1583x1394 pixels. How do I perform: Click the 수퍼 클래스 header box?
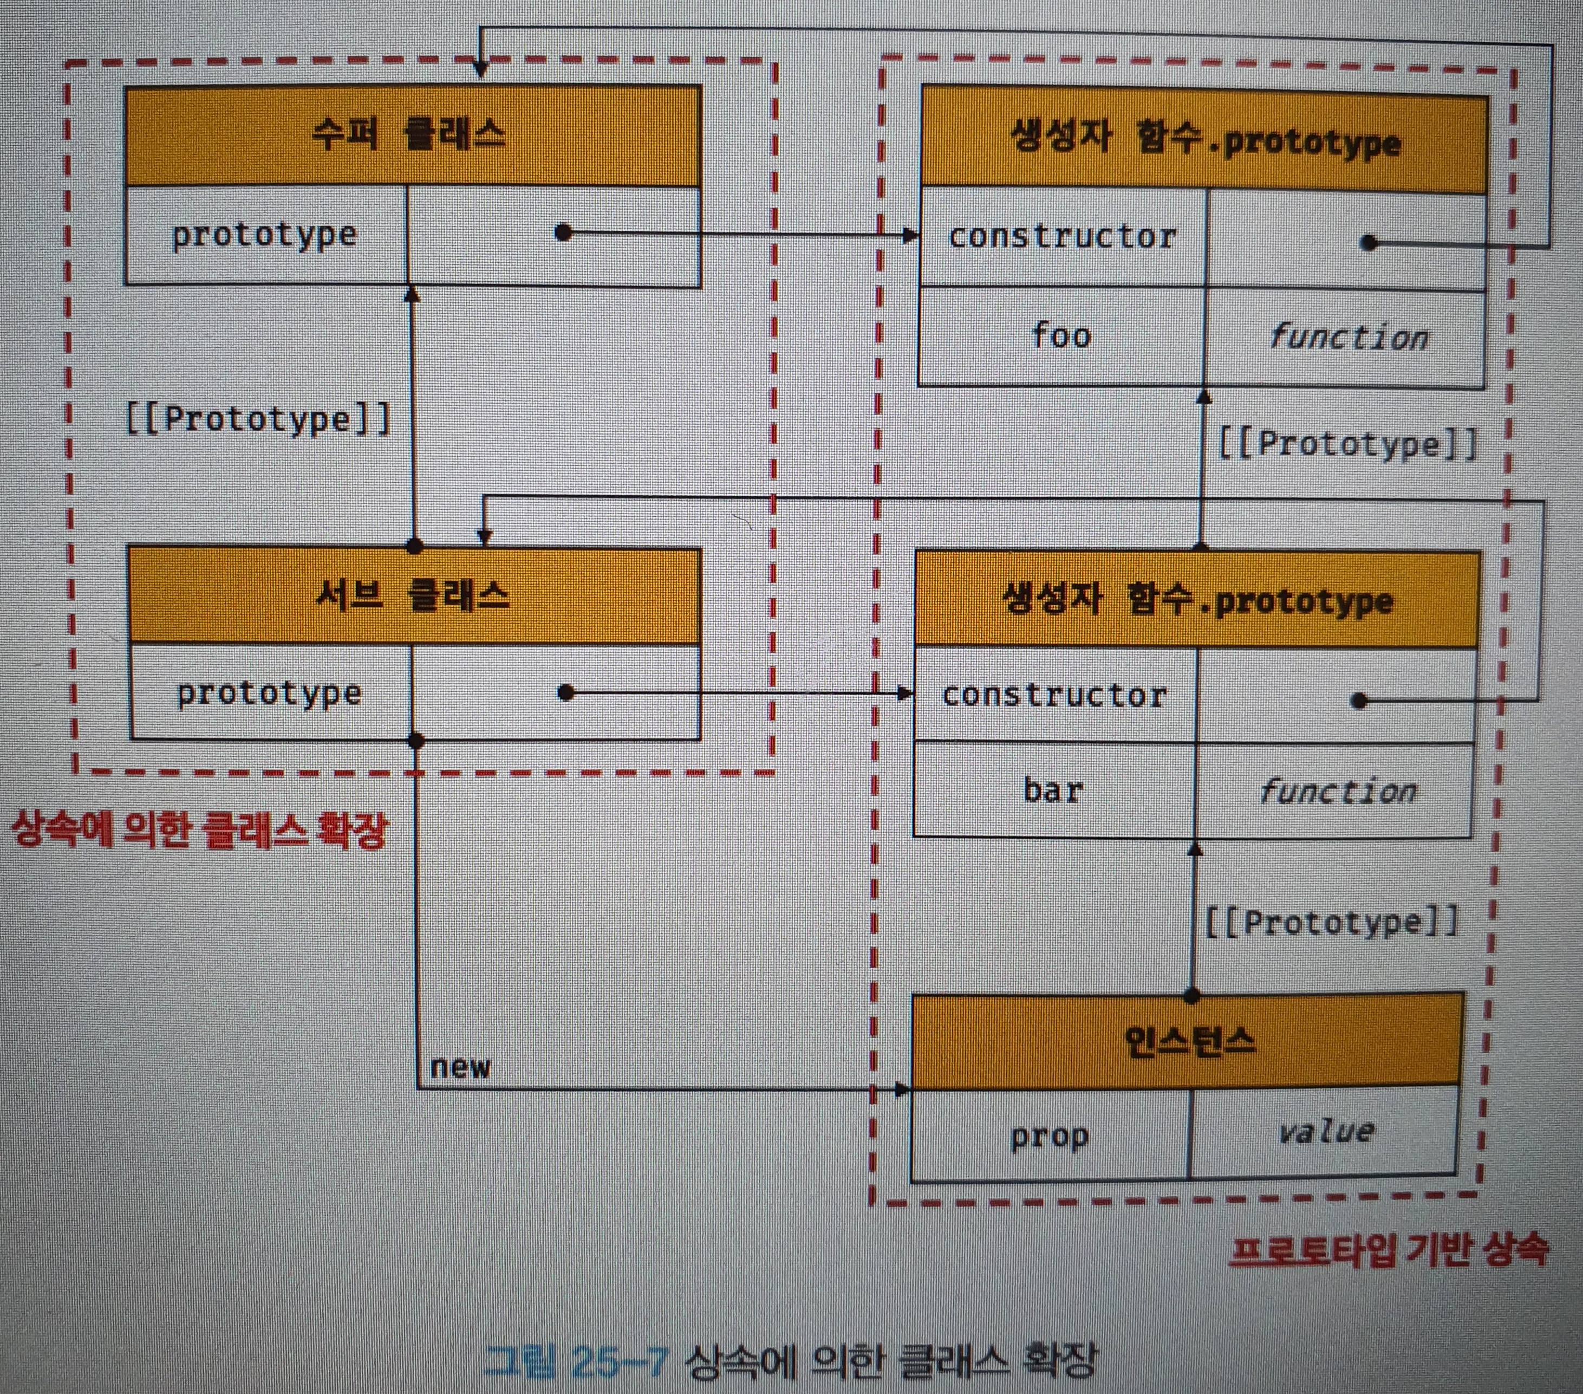[x=413, y=135]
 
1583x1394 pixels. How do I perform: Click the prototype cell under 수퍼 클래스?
[x=265, y=235]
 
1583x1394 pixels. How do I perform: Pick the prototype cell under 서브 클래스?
[x=270, y=693]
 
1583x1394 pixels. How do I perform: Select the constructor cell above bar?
[x=1054, y=695]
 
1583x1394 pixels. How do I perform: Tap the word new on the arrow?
[x=460, y=1067]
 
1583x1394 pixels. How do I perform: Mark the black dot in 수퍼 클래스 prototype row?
[x=564, y=232]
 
